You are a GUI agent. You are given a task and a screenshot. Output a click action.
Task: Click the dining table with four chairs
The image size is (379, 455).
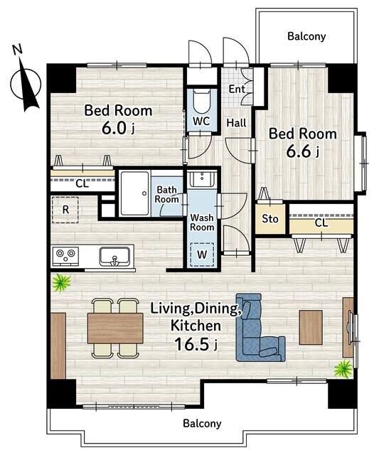point(115,328)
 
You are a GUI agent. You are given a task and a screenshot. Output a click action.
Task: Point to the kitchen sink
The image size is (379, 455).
point(114,257)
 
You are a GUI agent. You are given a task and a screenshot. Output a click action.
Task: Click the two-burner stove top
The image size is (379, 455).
point(65,256)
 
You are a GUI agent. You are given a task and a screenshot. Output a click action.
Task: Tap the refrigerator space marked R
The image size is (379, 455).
point(65,210)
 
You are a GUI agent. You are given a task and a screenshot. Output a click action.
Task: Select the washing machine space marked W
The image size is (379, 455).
point(202,255)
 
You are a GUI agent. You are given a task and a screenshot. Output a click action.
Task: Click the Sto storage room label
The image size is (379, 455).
point(270,218)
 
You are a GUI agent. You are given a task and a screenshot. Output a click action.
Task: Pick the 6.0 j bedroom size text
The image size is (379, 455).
point(118,128)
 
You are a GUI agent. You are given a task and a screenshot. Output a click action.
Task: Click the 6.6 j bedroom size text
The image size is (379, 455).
point(303,151)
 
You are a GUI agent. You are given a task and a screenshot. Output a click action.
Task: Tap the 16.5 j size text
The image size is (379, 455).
point(196,344)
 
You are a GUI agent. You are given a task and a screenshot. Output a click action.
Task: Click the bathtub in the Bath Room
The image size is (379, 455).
point(134,193)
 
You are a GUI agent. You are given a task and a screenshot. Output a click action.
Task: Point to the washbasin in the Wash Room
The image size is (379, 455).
point(202,179)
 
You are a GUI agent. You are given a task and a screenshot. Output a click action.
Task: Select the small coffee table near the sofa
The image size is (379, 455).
point(311,327)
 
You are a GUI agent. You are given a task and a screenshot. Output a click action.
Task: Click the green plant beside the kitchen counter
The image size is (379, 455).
point(61,282)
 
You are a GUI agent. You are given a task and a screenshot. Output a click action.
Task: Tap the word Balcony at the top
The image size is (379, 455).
point(306,36)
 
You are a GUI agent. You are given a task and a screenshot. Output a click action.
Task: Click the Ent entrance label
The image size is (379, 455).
point(237,89)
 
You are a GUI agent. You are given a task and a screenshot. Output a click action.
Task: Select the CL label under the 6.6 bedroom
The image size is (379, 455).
point(321,223)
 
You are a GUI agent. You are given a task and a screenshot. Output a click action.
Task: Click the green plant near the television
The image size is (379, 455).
point(343,369)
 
